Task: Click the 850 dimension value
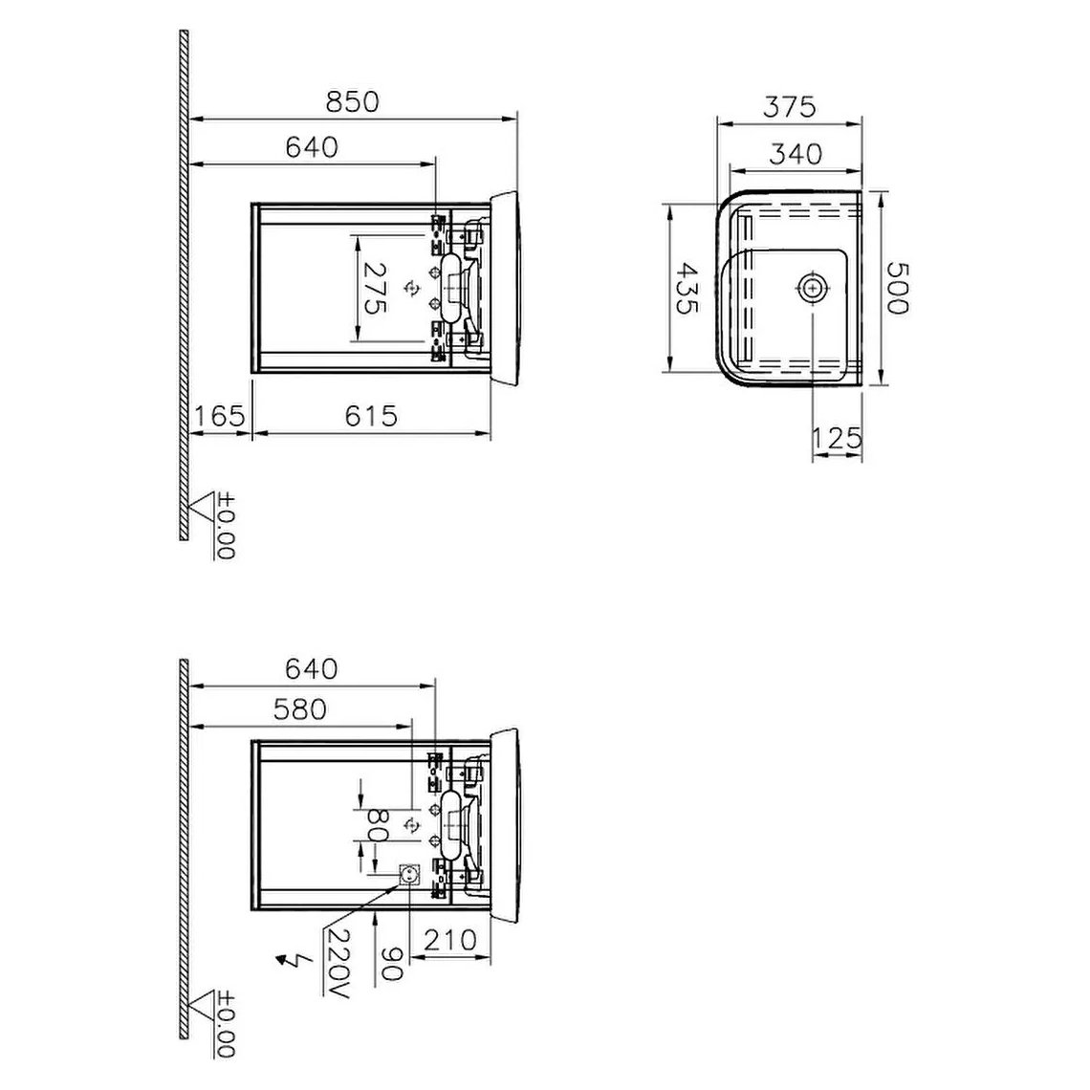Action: tap(352, 101)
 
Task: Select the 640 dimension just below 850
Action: tap(312, 147)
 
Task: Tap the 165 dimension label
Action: tap(219, 416)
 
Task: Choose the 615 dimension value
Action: tap(370, 416)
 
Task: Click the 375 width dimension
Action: tap(789, 106)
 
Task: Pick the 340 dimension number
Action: tap(796, 153)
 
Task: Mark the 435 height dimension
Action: tap(686, 288)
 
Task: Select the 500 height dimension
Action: tap(895, 288)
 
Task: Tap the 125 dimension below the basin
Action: tap(837, 439)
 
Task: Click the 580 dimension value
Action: tap(298, 709)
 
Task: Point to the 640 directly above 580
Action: tap(312, 668)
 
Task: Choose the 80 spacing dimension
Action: tap(375, 825)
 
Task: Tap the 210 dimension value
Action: tap(449, 940)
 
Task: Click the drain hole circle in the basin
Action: tap(812, 287)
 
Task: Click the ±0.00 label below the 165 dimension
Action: tap(226, 526)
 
